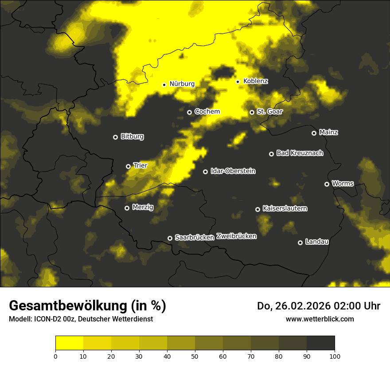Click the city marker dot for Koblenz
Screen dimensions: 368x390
pyautogui.click(x=238, y=82)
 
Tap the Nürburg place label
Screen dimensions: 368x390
pyautogui.click(x=182, y=84)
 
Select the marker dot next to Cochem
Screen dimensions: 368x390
pyautogui.click(x=189, y=112)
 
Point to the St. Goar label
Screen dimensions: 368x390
pyautogui.click(x=269, y=112)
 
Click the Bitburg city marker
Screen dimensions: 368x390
pyautogui.click(x=115, y=137)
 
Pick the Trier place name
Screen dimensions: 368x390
pyautogui.click(x=140, y=165)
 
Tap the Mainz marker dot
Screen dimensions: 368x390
pyautogui.click(x=314, y=133)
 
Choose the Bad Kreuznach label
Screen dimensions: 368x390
pyautogui.click(x=300, y=153)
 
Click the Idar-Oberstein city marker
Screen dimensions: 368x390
pyautogui.click(x=205, y=172)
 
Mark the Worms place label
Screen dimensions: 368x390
pyautogui.click(x=343, y=184)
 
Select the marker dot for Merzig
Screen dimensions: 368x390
pyautogui.click(x=127, y=208)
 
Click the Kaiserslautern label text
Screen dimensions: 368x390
pyautogui.click(x=285, y=208)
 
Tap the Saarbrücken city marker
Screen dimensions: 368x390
pyautogui.click(x=170, y=238)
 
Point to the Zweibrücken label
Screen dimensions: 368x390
pyautogui.click(x=236, y=236)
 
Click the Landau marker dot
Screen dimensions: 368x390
pyautogui.click(x=300, y=243)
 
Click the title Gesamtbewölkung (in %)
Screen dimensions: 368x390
pyautogui.click(x=87, y=305)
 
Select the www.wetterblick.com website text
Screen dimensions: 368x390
pyautogui.click(x=320, y=319)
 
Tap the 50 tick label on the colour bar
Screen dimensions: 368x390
pyautogui.click(x=195, y=356)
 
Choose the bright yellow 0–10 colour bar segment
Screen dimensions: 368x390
pyautogui.click(x=70, y=343)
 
